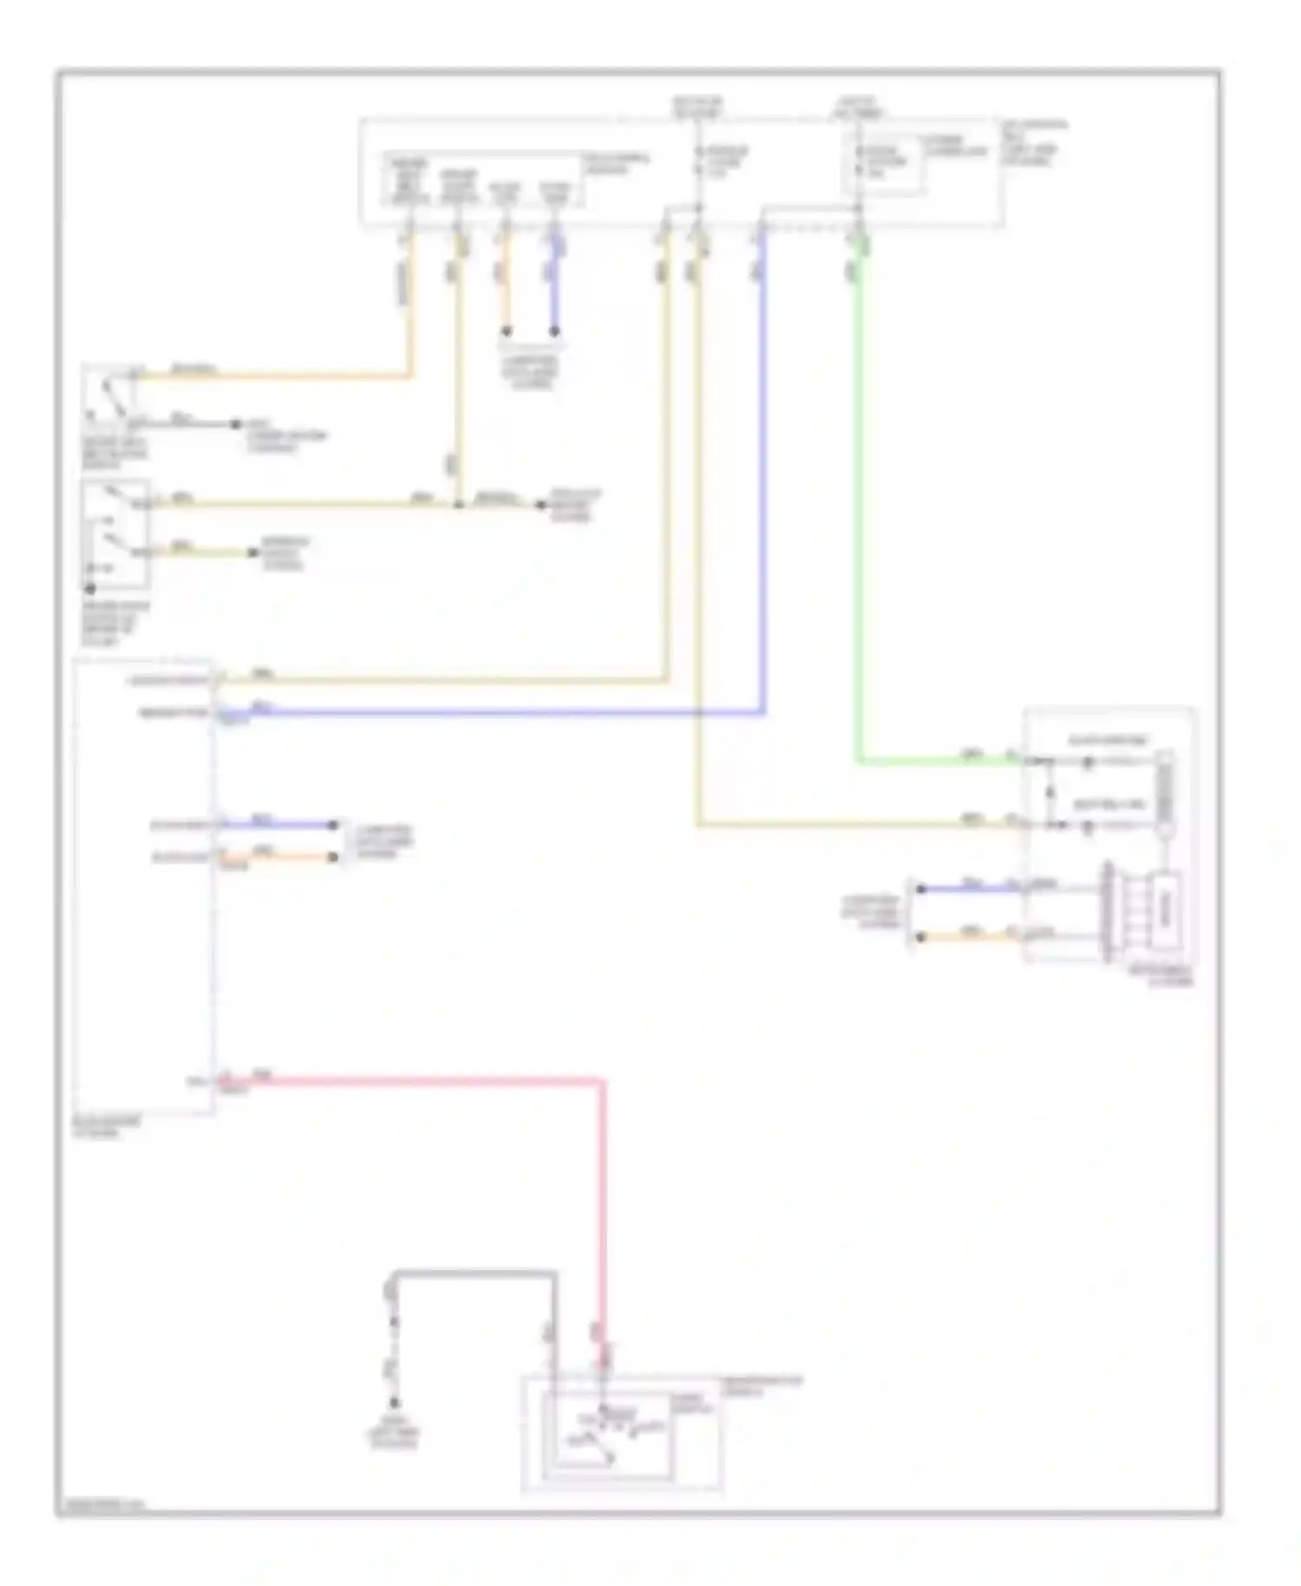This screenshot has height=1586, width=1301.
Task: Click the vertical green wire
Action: click(859, 521)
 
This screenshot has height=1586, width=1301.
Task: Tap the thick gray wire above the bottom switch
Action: click(477, 1274)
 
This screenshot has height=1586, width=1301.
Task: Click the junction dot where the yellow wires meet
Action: click(458, 504)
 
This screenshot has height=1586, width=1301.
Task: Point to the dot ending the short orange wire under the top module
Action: click(507, 331)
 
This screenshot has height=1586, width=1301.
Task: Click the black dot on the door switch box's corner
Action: click(89, 588)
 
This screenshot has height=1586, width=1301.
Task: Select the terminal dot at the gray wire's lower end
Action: click(395, 1403)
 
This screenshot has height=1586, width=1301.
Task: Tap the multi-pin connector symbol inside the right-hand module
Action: click(1107, 911)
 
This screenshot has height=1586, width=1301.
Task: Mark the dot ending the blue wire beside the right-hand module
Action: click(921, 888)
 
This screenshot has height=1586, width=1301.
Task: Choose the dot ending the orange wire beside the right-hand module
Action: click(921, 937)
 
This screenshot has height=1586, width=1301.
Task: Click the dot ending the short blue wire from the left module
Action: click(333, 825)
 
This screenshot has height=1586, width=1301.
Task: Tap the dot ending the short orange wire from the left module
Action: click(333, 857)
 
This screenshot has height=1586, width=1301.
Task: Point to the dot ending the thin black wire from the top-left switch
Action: click(234, 424)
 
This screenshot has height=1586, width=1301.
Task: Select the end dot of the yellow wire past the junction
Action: click(539, 505)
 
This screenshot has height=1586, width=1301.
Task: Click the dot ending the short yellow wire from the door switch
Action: click(252, 552)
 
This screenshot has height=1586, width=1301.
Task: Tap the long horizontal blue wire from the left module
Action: click(486, 714)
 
